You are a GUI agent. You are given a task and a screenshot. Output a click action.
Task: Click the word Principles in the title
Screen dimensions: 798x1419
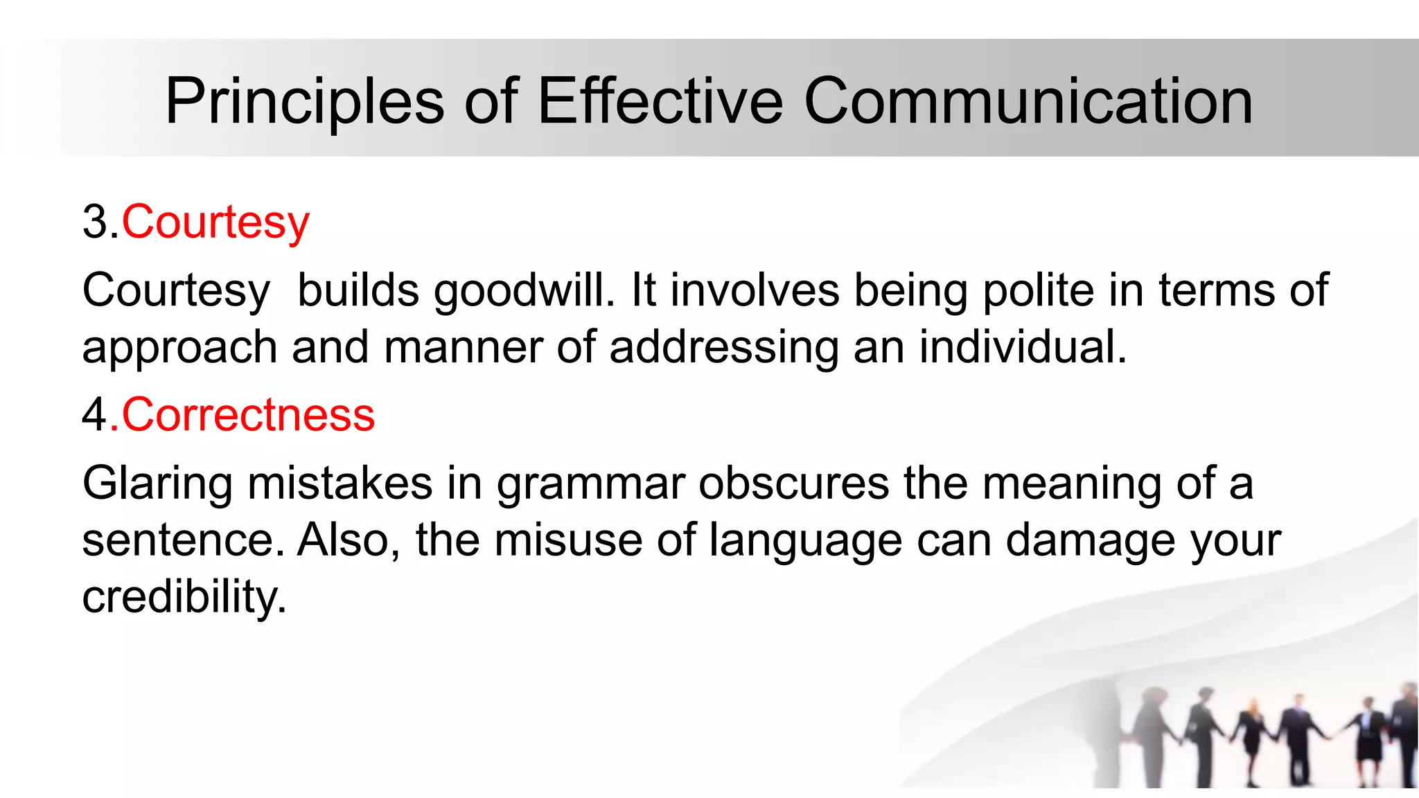(x=304, y=102)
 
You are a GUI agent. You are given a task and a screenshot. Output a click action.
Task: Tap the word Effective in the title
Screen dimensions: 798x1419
(x=660, y=102)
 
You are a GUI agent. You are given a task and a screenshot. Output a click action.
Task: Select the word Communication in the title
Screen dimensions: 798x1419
(x=1028, y=102)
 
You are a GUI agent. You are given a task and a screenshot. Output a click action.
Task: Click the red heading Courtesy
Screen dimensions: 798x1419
(x=215, y=223)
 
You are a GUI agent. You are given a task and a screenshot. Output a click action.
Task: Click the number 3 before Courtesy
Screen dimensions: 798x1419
(x=95, y=223)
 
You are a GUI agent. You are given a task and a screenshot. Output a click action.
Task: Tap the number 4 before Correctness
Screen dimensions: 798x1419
(x=95, y=415)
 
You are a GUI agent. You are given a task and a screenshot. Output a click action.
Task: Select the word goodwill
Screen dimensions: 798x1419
(x=524, y=290)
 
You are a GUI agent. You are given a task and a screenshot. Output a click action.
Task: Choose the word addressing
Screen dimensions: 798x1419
(x=724, y=348)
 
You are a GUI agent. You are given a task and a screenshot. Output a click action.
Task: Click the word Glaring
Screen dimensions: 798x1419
(x=157, y=484)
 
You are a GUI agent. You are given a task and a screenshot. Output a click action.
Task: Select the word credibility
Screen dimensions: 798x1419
(x=184, y=597)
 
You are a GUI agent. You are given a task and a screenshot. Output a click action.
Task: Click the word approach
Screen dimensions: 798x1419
(x=179, y=348)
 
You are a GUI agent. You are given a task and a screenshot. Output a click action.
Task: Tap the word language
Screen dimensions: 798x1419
(x=806, y=541)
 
